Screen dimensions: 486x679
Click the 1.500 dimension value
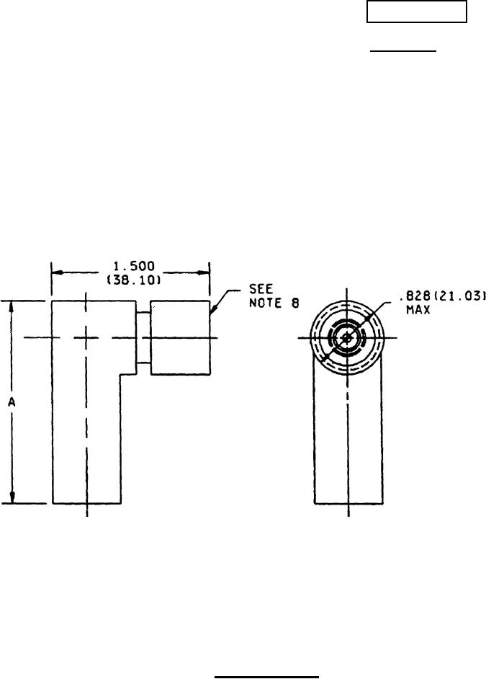tap(134, 266)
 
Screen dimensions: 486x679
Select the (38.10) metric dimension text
tap(134, 280)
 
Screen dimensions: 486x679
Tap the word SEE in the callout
tap(261, 289)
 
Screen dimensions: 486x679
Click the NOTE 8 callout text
tap(274, 303)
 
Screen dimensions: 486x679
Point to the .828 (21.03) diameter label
tap(442, 296)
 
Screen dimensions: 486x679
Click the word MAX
tap(418, 310)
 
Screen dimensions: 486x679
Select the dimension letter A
tap(12, 402)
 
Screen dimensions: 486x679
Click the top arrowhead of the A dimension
tap(12, 306)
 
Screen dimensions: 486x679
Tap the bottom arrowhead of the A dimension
tap(12, 497)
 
